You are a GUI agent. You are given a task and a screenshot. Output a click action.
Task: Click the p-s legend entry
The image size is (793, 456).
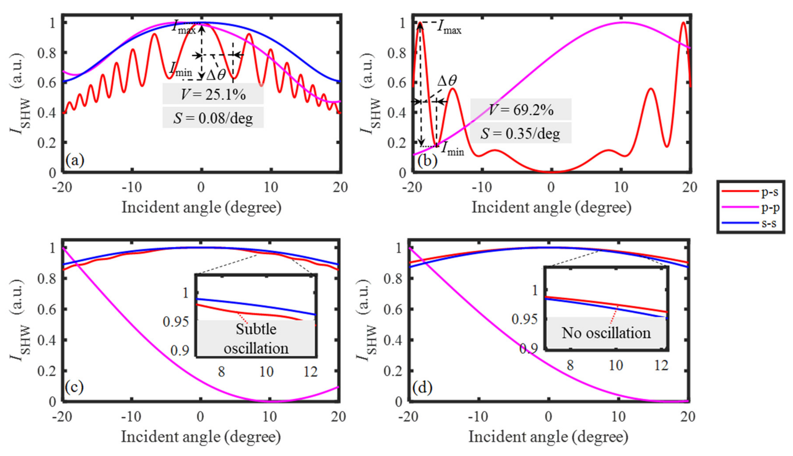[750, 191]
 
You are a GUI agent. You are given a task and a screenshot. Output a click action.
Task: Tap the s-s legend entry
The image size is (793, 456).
[750, 223]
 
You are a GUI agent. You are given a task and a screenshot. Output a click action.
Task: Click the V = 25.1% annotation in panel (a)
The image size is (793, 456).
[213, 94]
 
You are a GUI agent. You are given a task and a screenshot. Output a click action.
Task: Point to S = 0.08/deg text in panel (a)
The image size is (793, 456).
[213, 118]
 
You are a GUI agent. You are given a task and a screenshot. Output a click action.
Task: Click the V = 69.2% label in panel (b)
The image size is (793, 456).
[521, 110]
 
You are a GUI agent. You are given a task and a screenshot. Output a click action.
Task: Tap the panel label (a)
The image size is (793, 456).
[75, 160]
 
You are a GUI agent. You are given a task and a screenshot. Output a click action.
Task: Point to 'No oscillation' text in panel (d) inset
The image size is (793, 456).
[606, 333]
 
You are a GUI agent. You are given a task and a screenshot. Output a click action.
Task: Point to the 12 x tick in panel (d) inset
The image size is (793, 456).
[661, 365]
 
